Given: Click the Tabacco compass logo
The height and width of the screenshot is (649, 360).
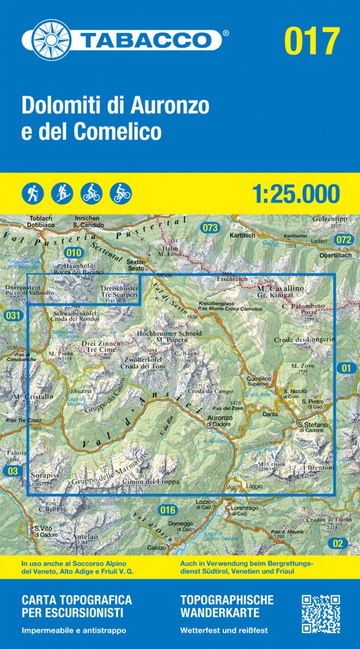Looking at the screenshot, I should [50, 39].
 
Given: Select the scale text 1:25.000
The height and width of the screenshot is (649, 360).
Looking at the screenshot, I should [296, 194].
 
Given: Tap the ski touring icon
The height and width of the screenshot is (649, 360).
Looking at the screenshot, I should [62, 193].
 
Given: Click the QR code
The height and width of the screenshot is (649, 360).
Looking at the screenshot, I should [321, 614].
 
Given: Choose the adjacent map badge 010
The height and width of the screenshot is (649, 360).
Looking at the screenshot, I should [73, 252].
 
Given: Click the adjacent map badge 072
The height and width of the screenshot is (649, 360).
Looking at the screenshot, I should [343, 240].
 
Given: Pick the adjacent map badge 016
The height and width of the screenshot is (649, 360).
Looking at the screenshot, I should [168, 509].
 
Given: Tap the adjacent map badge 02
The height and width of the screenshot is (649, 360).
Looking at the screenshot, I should [338, 543].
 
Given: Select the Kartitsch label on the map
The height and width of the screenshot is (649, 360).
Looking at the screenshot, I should [242, 236].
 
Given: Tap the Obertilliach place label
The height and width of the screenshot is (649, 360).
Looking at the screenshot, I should [330, 255].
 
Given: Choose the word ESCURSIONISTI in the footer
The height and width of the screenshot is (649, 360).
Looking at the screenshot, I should [72, 613].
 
